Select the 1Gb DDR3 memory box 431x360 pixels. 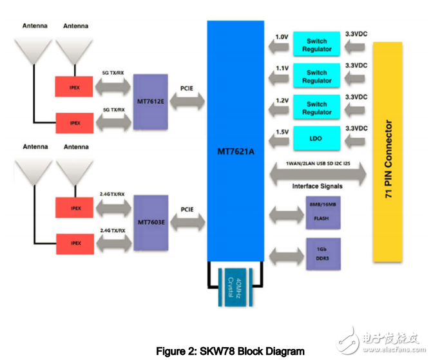click(x=316, y=252)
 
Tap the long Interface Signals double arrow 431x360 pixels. click(x=316, y=172)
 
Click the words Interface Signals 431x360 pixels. click(x=316, y=186)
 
